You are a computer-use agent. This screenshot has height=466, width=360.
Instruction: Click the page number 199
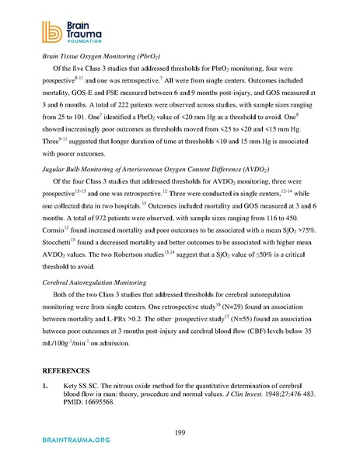click(x=180, y=433)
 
